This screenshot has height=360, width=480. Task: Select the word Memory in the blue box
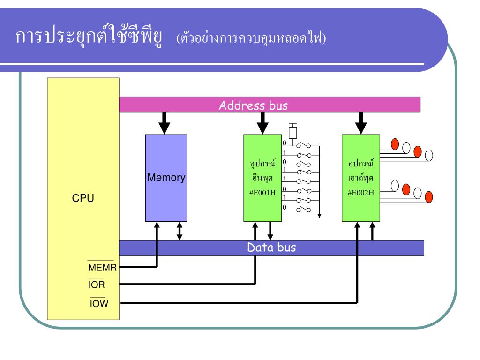point(166,178)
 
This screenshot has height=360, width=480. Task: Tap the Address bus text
point(253,105)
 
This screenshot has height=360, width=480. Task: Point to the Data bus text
point(271,247)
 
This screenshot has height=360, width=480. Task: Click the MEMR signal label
point(102,268)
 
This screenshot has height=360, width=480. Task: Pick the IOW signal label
point(99,303)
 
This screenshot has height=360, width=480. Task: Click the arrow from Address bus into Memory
point(164,123)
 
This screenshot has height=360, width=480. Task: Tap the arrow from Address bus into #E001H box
point(263,123)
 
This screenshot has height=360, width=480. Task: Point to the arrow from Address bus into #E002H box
point(360,123)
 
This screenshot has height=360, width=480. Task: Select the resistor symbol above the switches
point(293,132)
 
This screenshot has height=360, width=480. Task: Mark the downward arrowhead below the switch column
point(319,215)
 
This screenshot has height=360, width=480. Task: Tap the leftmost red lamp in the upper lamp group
point(395,143)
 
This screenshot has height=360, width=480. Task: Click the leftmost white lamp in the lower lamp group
point(395,186)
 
